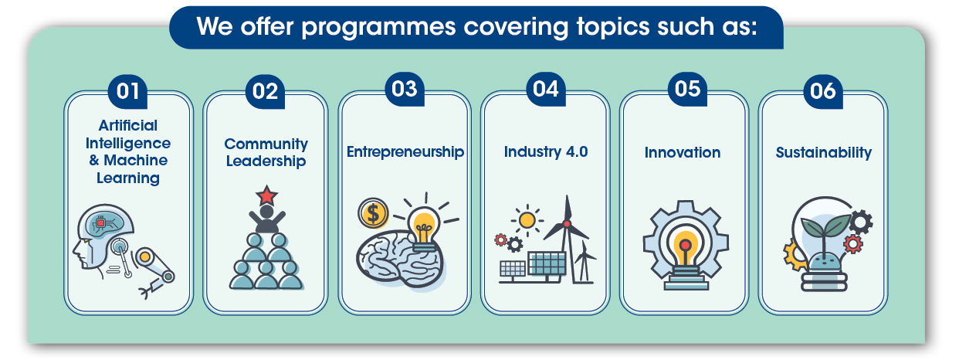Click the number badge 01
pos(127,91)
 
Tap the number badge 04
pos(546,89)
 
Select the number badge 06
pos(823,91)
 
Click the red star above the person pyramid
pos(266,195)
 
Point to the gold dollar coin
pos(373,213)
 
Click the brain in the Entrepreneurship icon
pos(399,259)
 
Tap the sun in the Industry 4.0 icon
pos(527,221)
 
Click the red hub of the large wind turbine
pos(567,224)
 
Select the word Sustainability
pos(823,152)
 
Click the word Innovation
pos(683,152)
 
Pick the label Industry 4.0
pos(546,151)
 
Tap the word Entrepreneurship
pos(405,151)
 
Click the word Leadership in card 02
pos(266,161)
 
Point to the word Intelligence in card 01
pos(128,143)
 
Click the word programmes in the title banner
pos(379,28)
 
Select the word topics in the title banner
pos(613,28)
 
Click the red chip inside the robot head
pos(101,223)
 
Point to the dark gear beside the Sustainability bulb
pos(860,222)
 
